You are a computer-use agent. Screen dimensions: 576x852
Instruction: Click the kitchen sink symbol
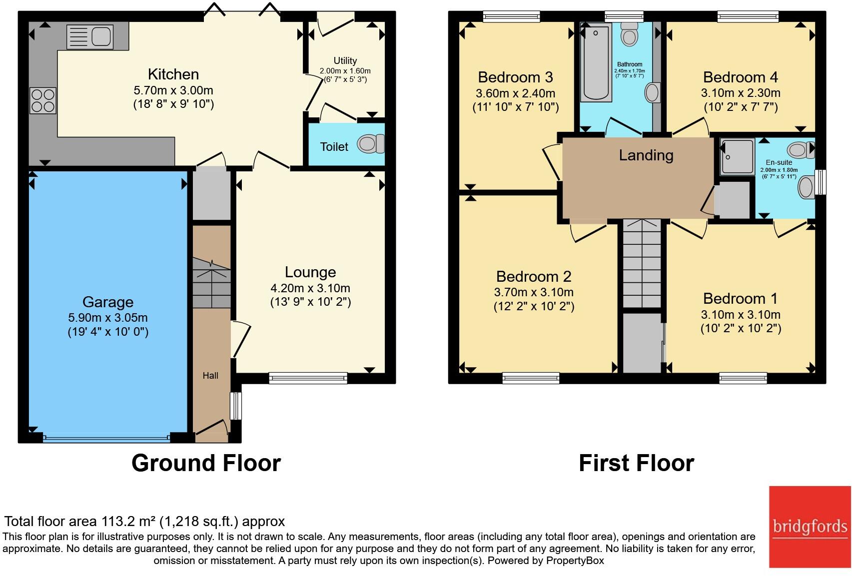pos(90,36)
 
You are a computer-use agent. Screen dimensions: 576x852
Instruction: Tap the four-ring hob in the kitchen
pos(42,100)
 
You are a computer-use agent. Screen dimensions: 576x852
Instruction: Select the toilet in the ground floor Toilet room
pos(370,144)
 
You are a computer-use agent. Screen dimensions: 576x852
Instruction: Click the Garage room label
pos(108,302)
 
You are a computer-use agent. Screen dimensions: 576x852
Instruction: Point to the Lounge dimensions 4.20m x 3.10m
pos(310,288)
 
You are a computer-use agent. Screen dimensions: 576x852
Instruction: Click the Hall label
pos(210,376)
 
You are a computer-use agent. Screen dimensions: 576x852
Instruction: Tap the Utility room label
pos(345,60)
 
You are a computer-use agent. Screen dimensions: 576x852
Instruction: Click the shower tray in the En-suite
pos(737,157)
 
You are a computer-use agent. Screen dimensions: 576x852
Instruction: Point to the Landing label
pos(646,155)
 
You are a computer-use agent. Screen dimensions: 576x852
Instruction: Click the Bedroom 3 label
pos(515,77)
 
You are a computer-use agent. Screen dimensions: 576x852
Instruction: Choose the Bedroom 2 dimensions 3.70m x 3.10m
pos(534,292)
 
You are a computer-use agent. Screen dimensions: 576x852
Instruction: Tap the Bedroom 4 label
pos(740,77)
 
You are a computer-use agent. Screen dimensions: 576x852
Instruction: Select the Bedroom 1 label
pos(740,299)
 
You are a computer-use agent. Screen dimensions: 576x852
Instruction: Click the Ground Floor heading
pos(206,463)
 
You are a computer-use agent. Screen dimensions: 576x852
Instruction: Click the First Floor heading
pos(636,463)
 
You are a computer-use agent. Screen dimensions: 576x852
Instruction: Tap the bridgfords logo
pos(810,527)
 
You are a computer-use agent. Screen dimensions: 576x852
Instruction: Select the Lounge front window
pos(308,378)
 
